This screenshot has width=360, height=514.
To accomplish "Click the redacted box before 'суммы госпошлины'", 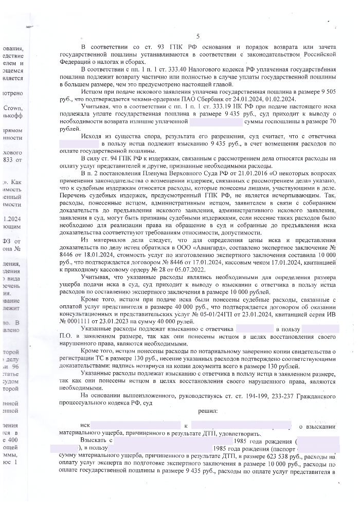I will [x=216, y=122].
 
